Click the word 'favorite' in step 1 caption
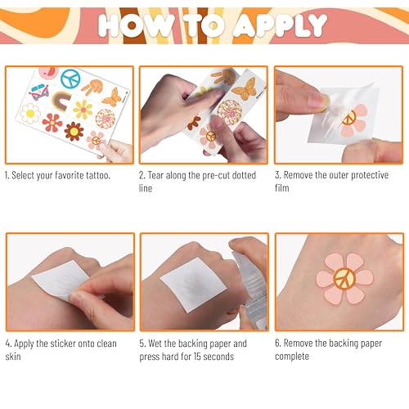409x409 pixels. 70,176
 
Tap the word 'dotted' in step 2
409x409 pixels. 241,176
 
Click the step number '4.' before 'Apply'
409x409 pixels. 8,344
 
